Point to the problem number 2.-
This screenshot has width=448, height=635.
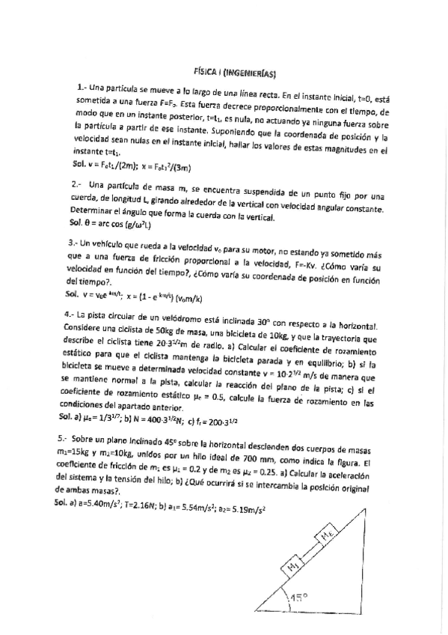79,185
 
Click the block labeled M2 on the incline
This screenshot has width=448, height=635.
329,536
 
